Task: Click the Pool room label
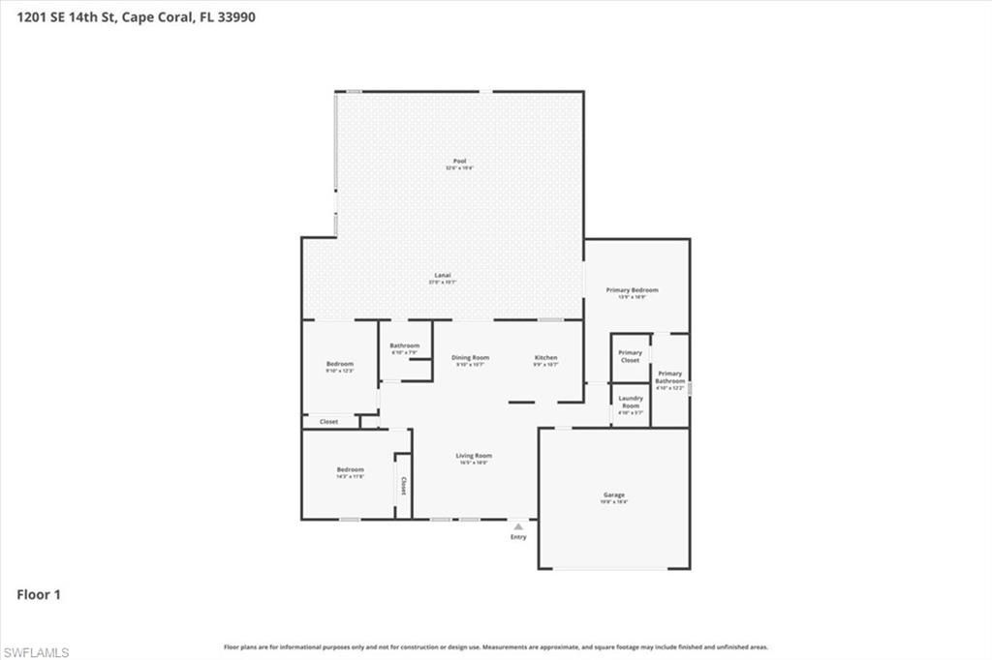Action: point(459,162)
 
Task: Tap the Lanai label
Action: point(441,276)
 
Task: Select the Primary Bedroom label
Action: point(632,290)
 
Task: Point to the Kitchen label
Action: point(545,358)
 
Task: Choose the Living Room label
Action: point(474,456)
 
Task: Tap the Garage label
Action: point(614,495)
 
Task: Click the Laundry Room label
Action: point(631,403)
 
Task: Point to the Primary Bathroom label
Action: point(669,377)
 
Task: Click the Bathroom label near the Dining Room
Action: point(404,346)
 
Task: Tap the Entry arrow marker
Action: point(518,526)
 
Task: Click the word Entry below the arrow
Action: point(518,537)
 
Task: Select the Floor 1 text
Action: point(39,594)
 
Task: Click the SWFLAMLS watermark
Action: point(36,652)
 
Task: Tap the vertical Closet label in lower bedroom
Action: point(403,486)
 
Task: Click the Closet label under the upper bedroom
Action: point(328,422)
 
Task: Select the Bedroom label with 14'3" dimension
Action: point(350,470)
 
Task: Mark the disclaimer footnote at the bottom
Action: point(496,646)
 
